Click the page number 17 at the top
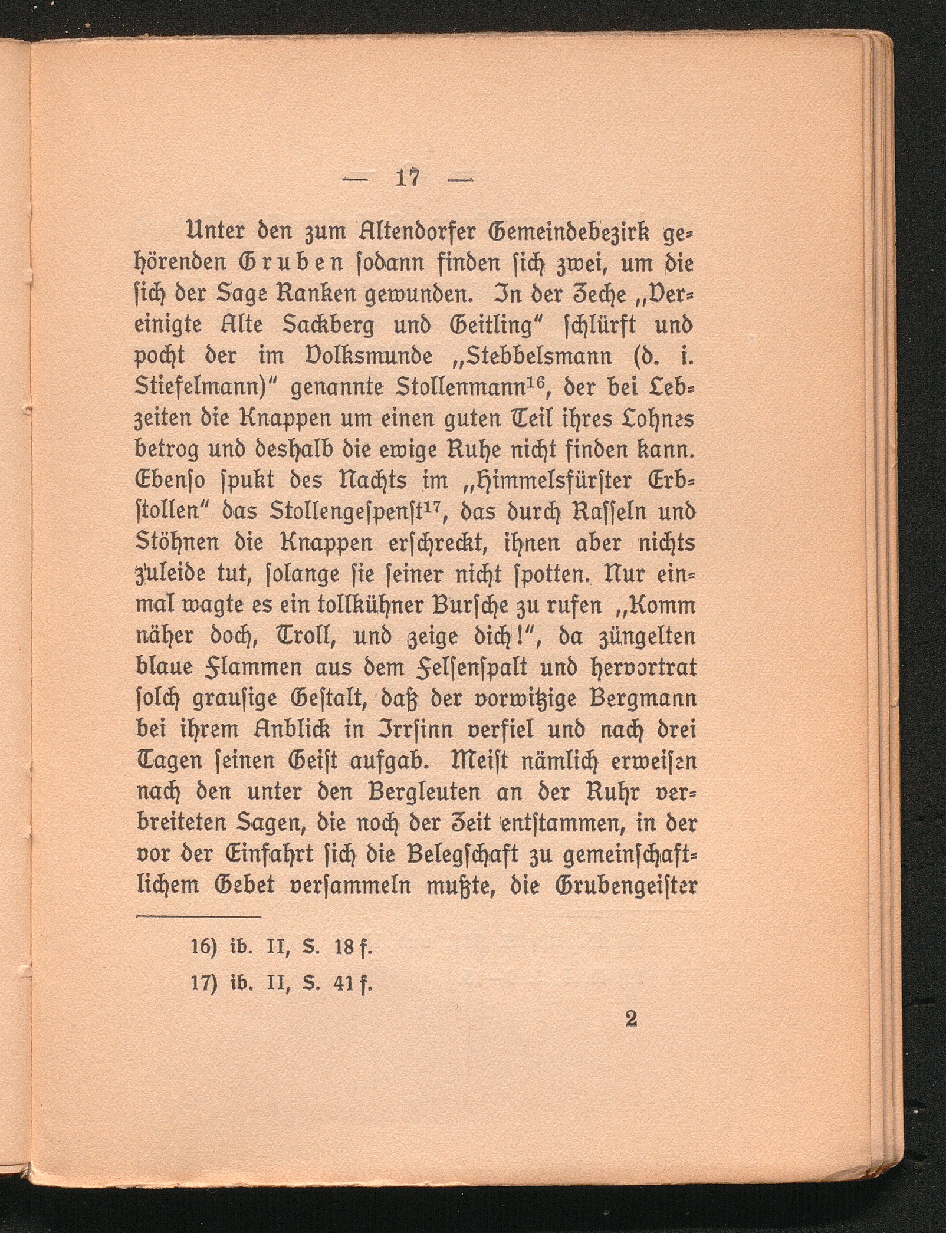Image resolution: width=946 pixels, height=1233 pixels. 408,179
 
